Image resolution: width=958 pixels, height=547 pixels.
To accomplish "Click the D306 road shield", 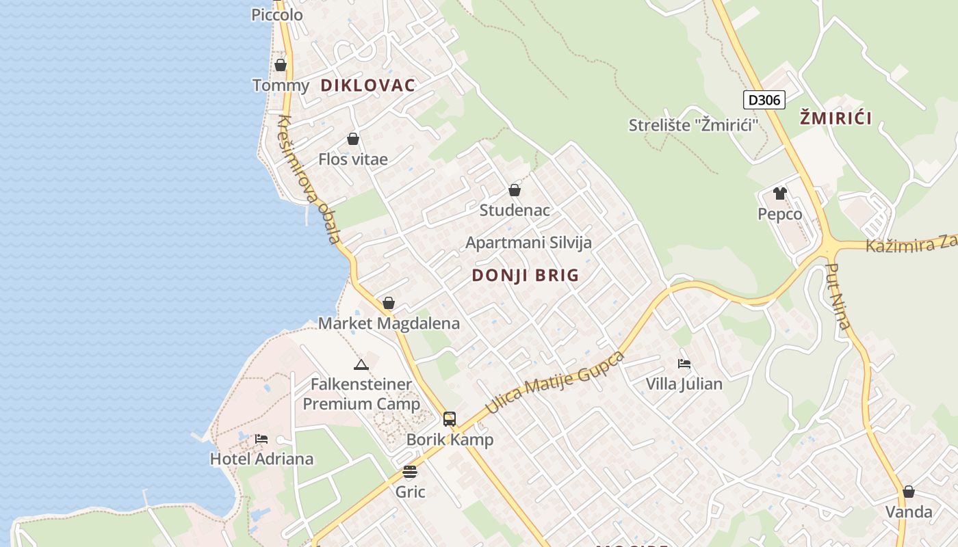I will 764,100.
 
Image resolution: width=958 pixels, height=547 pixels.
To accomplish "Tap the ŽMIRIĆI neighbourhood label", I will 836,118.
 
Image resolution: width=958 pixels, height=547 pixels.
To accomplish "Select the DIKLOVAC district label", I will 367,85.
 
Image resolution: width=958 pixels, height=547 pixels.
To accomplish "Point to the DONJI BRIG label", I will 526,276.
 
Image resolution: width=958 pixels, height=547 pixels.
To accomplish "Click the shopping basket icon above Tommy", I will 280,65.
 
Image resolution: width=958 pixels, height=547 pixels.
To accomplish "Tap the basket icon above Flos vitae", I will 353,139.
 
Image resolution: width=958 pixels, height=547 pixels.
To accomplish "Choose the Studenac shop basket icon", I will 515,190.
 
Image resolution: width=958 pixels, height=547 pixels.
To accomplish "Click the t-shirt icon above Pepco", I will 779,194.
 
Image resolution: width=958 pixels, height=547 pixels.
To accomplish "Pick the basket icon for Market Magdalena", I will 389,303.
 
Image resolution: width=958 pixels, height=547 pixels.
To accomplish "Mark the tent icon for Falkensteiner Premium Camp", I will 361,364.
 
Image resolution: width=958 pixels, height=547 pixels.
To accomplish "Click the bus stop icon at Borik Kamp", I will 450,419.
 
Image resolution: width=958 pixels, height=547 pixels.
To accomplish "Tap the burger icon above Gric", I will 410,471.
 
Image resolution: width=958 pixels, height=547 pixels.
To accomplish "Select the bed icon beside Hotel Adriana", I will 261,438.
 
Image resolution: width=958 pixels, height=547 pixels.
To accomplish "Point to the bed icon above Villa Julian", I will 684,363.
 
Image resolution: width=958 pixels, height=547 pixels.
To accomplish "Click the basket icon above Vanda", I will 908,492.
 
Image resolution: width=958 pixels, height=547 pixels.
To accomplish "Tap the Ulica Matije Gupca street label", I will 555,383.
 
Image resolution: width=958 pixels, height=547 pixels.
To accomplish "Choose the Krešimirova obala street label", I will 309,180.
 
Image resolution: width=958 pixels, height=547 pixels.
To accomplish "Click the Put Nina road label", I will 838,296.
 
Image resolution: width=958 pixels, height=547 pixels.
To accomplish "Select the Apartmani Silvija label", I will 528,243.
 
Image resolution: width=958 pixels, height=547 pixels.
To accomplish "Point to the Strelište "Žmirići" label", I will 694,125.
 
